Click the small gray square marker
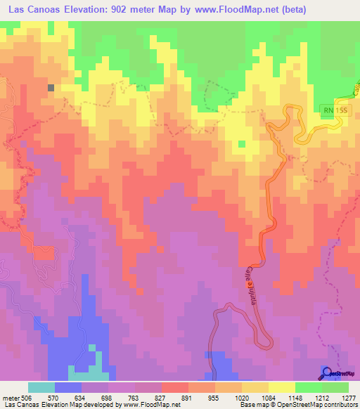51,88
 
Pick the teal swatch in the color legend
41,387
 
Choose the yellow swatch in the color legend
282,387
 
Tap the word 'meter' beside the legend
10,398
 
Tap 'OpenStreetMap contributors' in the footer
313,405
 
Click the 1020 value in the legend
241,398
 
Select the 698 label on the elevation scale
108,398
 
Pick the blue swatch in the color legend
68,387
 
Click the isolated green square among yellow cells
242,144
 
